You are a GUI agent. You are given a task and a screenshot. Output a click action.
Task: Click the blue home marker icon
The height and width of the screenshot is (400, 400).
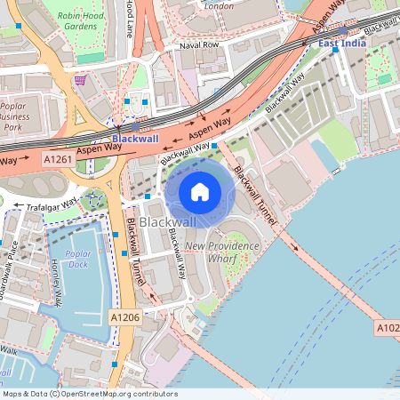[200, 191]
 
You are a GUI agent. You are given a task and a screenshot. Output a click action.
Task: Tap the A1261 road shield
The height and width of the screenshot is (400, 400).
[58, 158]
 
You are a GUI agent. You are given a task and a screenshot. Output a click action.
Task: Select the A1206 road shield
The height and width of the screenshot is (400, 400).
[125, 316]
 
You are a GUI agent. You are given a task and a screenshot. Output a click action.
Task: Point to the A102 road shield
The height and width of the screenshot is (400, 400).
[388, 327]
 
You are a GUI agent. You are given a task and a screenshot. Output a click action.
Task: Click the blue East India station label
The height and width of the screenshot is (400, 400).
[340, 41]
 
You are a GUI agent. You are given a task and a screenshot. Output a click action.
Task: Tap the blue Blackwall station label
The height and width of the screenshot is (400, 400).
[135, 139]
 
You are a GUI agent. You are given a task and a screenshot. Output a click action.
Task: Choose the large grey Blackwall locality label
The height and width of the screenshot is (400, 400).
[168, 220]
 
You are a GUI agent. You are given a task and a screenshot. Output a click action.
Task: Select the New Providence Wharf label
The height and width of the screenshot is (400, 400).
[221, 252]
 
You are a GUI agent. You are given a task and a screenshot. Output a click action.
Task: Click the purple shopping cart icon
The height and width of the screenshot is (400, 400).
[80, 79]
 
